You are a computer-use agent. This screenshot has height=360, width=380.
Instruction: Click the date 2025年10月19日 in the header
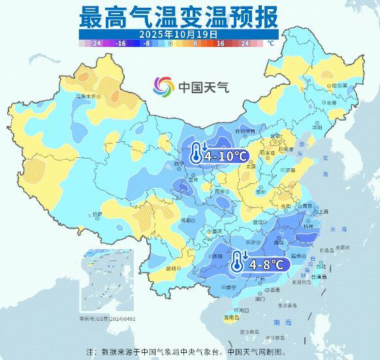(x=178, y=33)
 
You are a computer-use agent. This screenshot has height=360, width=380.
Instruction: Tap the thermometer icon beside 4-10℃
(x=195, y=155)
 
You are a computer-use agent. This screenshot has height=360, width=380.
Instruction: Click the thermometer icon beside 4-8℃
(x=237, y=263)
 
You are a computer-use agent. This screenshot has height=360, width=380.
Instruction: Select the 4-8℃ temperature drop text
(x=267, y=264)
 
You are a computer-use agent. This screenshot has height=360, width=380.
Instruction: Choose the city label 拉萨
(x=97, y=214)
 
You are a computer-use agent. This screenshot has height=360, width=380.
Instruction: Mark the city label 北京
(x=279, y=136)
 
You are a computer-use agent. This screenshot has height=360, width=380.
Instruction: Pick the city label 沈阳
(x=317, y=128)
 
